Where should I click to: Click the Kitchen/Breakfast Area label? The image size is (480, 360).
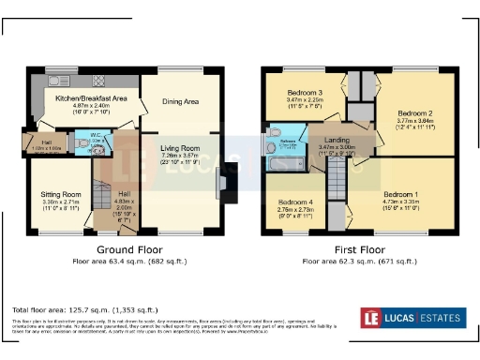[91, 97]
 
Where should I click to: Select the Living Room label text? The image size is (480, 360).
[178, 146]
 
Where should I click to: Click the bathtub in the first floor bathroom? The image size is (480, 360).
[281, 161]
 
